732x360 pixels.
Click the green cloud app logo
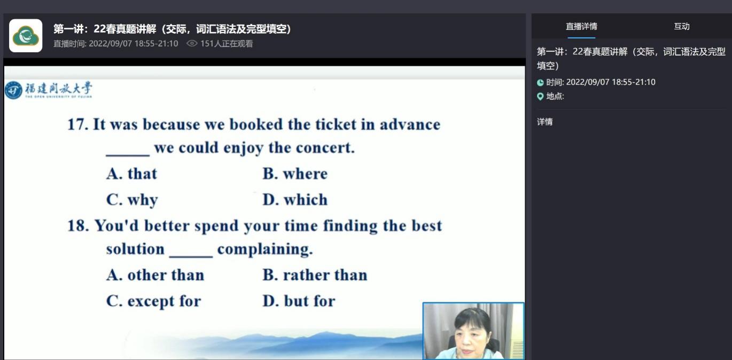pos(26,36)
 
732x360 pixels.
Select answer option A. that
pos(131,174)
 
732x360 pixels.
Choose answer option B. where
pos(295,174)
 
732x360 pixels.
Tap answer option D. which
pos(295,200)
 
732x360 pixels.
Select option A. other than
pos(155,275)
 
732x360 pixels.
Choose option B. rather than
pos(315,275)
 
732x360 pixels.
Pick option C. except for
pos(153,301)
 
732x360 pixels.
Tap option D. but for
pos(299,301)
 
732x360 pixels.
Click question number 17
pos(78,124)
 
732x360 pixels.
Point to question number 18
pos(78,226)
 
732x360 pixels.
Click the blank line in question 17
pos(128,155)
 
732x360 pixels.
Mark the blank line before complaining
pos(191,257)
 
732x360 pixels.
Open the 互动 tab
pos(682,27)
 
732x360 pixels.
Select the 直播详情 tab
pos(581,27)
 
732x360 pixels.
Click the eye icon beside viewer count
pos(192,43)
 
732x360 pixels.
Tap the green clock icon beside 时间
pos(540,83)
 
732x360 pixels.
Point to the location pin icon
pos(540,96)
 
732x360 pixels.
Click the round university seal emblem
pos(13,90)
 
